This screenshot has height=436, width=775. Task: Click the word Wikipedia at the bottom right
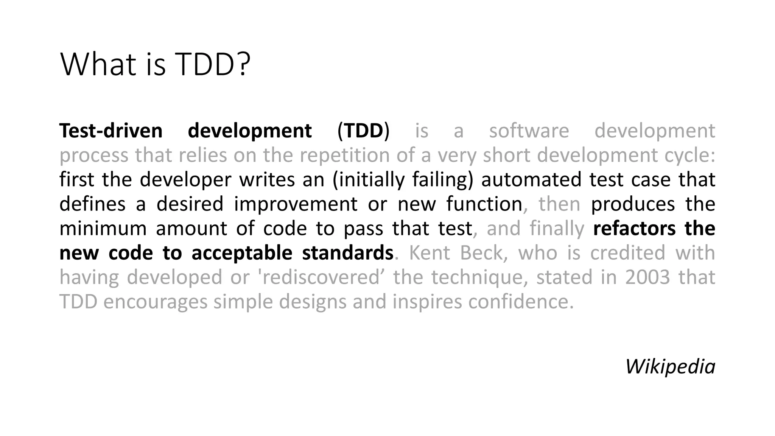click(670, 367)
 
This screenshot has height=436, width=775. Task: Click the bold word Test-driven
click(111, 131)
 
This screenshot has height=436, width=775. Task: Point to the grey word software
click(529, 131)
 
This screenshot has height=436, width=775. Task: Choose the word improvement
click(296, 204)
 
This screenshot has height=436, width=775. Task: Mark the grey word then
click(559, 204)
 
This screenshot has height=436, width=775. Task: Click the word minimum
click(103, 229)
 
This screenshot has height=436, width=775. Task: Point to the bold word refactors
click(634, 229)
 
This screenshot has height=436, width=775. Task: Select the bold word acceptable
click(242, 253)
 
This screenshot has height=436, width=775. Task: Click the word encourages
click(155, 302)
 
